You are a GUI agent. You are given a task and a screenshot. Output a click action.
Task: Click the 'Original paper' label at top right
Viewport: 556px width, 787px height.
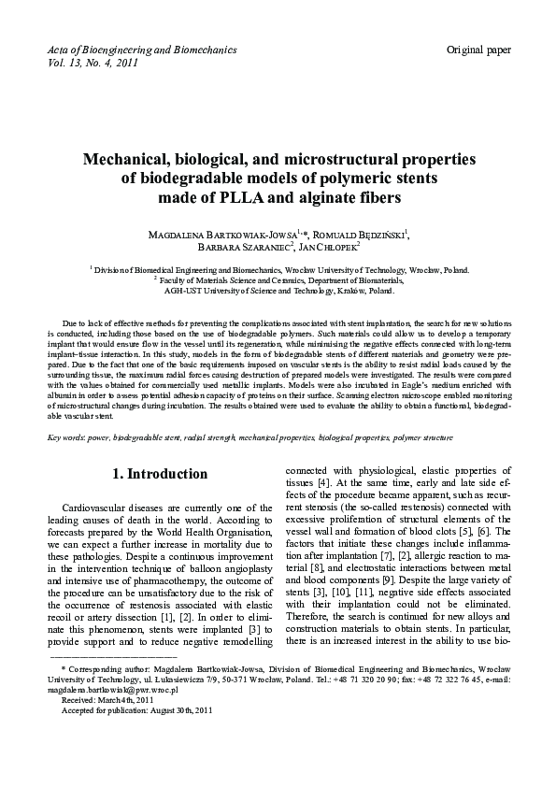point(478,49)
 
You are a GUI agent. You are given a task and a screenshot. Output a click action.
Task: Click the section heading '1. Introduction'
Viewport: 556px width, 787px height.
point(160,474)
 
